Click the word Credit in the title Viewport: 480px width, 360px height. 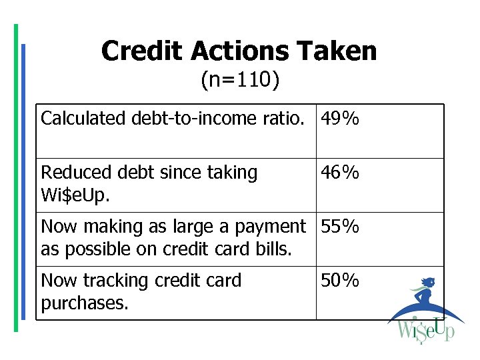[143, 51]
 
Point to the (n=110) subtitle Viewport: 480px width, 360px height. [240, 81]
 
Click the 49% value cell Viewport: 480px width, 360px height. [340, 119]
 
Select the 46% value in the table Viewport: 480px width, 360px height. [340, 173]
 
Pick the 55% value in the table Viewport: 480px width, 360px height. [340, 227]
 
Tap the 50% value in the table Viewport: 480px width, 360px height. [340, 281]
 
